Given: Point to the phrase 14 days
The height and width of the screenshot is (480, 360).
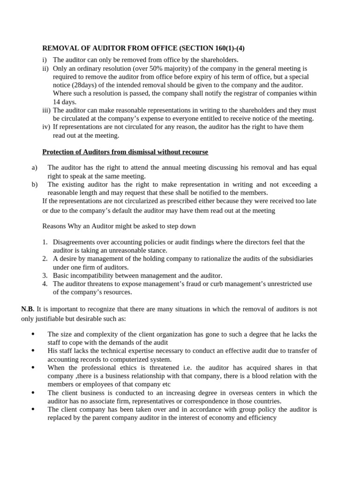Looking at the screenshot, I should pos(64,102).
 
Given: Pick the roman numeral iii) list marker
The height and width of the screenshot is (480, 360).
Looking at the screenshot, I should pos(46,110).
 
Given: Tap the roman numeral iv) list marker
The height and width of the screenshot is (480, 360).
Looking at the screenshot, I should pos(46,127).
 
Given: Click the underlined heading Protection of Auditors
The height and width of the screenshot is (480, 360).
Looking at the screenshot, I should pos(125,152).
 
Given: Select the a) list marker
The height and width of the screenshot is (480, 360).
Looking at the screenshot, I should pos(34,167).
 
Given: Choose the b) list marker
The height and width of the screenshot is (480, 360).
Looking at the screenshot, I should pos(34,184).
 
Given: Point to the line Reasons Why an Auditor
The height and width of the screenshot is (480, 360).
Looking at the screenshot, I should pos(119,226).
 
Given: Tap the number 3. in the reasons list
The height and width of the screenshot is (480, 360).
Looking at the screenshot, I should pos(45,276).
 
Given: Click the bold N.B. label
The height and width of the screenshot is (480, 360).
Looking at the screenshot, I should pos(28,309).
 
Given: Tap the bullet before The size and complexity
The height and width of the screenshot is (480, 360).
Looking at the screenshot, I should pos(33,334).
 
